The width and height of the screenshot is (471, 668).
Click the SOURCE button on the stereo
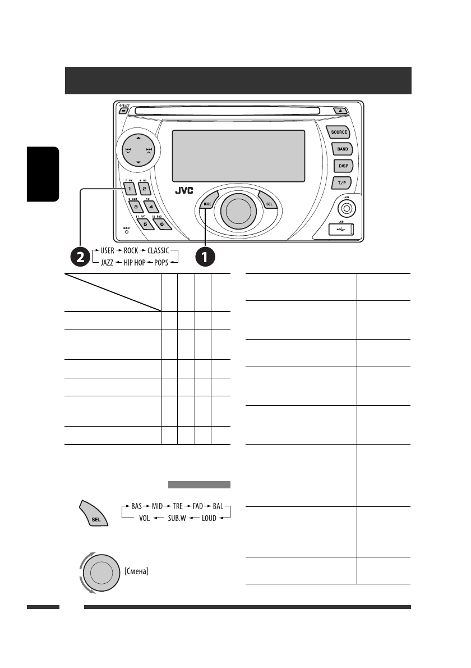click(339, 132)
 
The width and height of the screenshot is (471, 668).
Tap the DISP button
click(342, 166)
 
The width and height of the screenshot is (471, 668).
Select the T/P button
click(341, 182)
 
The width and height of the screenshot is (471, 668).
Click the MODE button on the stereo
click(207, 204)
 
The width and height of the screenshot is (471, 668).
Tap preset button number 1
click(128, 189)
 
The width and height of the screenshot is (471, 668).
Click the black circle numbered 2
click(80, 257)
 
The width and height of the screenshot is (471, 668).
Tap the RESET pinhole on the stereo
click(126, 231)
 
